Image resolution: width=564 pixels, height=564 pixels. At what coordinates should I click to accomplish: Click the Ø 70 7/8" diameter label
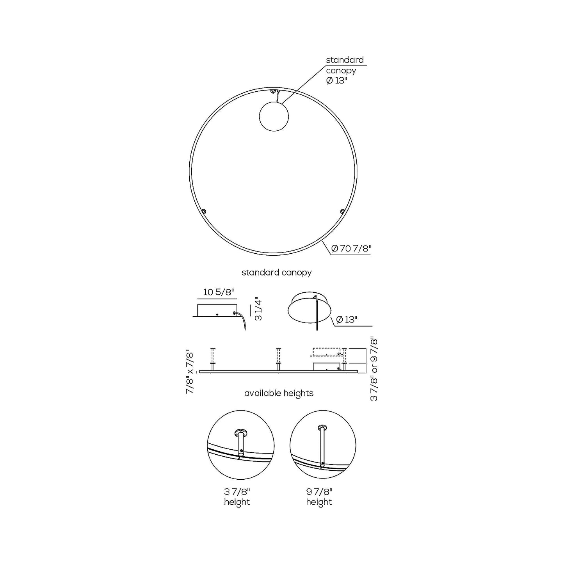click(x=350, y=248)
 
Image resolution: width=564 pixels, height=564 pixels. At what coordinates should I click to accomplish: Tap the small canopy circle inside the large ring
click(x=274, y=116)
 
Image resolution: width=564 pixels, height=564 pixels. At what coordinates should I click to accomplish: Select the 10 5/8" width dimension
click(x=219, y=292)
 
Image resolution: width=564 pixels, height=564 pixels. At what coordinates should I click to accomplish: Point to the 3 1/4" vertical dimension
click(x=258, y=309)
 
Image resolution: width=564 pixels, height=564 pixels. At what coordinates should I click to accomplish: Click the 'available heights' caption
click(x=279, y=393)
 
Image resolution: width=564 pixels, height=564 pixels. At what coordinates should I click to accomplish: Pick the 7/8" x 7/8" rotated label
click(x=190, y=372)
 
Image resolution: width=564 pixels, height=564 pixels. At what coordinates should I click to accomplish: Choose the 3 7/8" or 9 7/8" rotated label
click(x=374, y=369)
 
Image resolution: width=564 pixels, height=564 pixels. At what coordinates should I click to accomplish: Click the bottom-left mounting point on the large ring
click(x=203, y=211)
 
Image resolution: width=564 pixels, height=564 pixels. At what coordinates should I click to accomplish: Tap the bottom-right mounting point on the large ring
click(x=342, y=212)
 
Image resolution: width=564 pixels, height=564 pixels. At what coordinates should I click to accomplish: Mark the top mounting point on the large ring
click(x=273, y=91)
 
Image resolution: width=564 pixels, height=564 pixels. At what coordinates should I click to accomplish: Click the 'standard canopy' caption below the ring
click(x=276, y=272)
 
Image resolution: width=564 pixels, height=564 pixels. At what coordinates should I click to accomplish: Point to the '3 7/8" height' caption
click(x=237, y=497)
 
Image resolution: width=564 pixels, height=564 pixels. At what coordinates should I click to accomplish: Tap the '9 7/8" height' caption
click(x=319, y=497)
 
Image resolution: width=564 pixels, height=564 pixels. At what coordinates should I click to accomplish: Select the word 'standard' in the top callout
click(x=345, y=60)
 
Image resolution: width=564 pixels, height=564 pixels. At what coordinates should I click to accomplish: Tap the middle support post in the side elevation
click(x=278, y=359)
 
